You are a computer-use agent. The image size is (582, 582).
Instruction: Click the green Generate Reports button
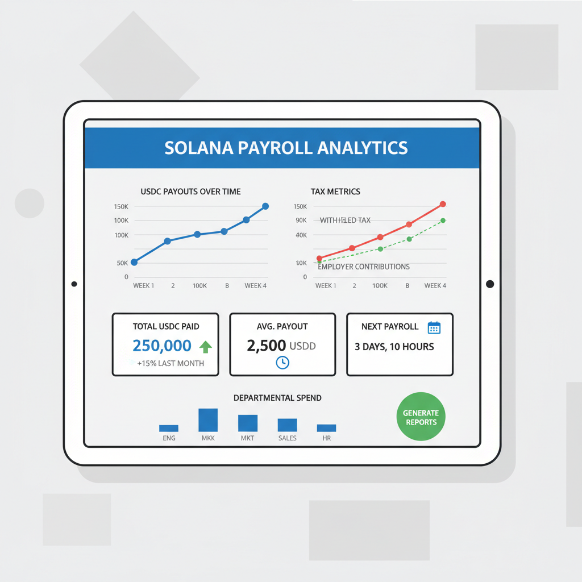tap(421, 417)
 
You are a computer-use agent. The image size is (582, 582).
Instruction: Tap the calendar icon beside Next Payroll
tap(434, 327)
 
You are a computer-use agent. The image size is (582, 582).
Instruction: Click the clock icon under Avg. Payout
tap(282, 363)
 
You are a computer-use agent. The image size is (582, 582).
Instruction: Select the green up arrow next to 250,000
tap(205, 346)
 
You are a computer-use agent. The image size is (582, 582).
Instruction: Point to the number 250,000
tap(161, 346)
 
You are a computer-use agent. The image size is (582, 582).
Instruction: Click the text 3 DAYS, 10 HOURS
tap(394, 347)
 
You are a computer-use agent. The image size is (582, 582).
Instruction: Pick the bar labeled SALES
tap(287, 425)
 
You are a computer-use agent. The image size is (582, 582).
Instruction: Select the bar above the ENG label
tap(169, 428)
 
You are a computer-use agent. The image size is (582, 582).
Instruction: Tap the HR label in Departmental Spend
tap(326, 438)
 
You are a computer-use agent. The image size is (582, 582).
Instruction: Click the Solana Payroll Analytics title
tap(286, 148)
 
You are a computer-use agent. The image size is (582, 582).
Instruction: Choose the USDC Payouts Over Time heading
tap(190, 192)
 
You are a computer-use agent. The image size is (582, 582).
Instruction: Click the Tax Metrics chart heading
tap(335, 192)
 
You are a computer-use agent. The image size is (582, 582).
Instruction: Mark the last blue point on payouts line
tap(265, 206)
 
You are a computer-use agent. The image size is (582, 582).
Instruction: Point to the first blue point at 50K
tap(134, 262)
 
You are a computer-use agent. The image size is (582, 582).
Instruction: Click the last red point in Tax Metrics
tap(443, 204)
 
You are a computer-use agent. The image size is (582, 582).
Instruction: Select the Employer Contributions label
tap(364, 267)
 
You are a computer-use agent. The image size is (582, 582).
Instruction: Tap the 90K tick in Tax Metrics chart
tap(301, 221)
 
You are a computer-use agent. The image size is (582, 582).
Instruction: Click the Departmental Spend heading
tap(277, 398)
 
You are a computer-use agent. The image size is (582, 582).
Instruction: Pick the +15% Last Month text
tap(171, 363)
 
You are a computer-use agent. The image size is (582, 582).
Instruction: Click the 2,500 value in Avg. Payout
tap(266, 346)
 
